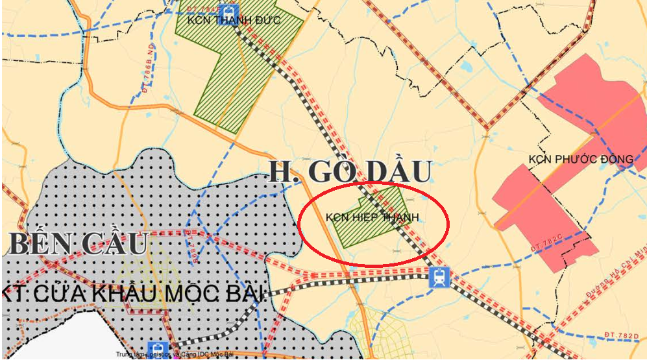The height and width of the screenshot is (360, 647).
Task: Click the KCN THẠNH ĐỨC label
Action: point(234,20)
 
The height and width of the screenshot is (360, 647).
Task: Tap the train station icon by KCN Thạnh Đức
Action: point(226,10)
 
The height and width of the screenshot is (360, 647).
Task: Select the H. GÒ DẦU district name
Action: point(350,171)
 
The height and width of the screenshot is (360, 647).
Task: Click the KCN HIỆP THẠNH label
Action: point(372,217)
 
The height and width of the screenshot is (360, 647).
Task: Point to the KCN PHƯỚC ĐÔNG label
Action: point(580,159)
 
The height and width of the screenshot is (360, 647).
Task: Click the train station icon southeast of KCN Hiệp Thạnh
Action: point(439,278)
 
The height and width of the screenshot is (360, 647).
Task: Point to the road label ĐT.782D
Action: point(620,335)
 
